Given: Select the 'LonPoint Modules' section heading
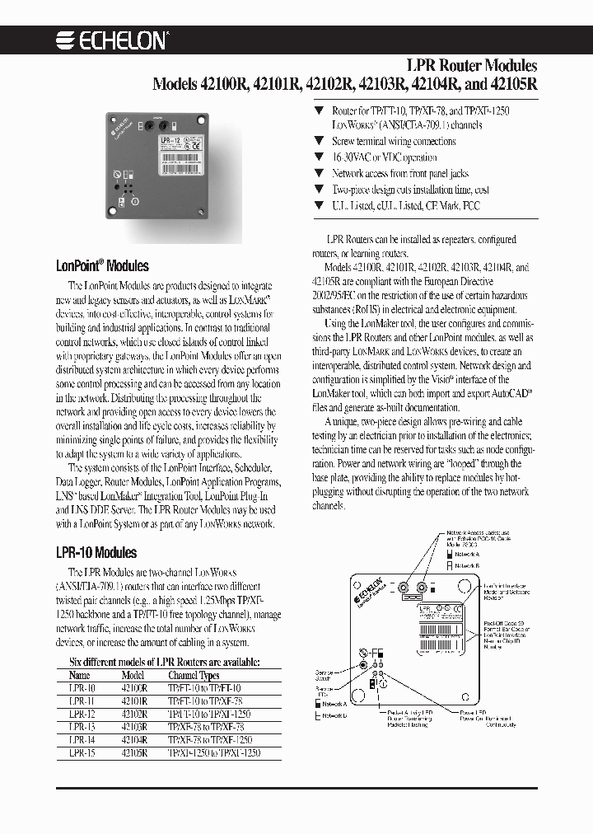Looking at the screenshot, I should coord(102,266).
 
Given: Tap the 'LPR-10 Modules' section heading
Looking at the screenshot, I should coord(97,552).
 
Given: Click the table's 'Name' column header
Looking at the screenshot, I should coord(80,674).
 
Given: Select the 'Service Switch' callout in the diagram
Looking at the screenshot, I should coord(326,676).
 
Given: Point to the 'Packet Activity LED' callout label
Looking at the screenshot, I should coord(409,711).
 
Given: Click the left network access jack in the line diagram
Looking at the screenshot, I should coord(404,588).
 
